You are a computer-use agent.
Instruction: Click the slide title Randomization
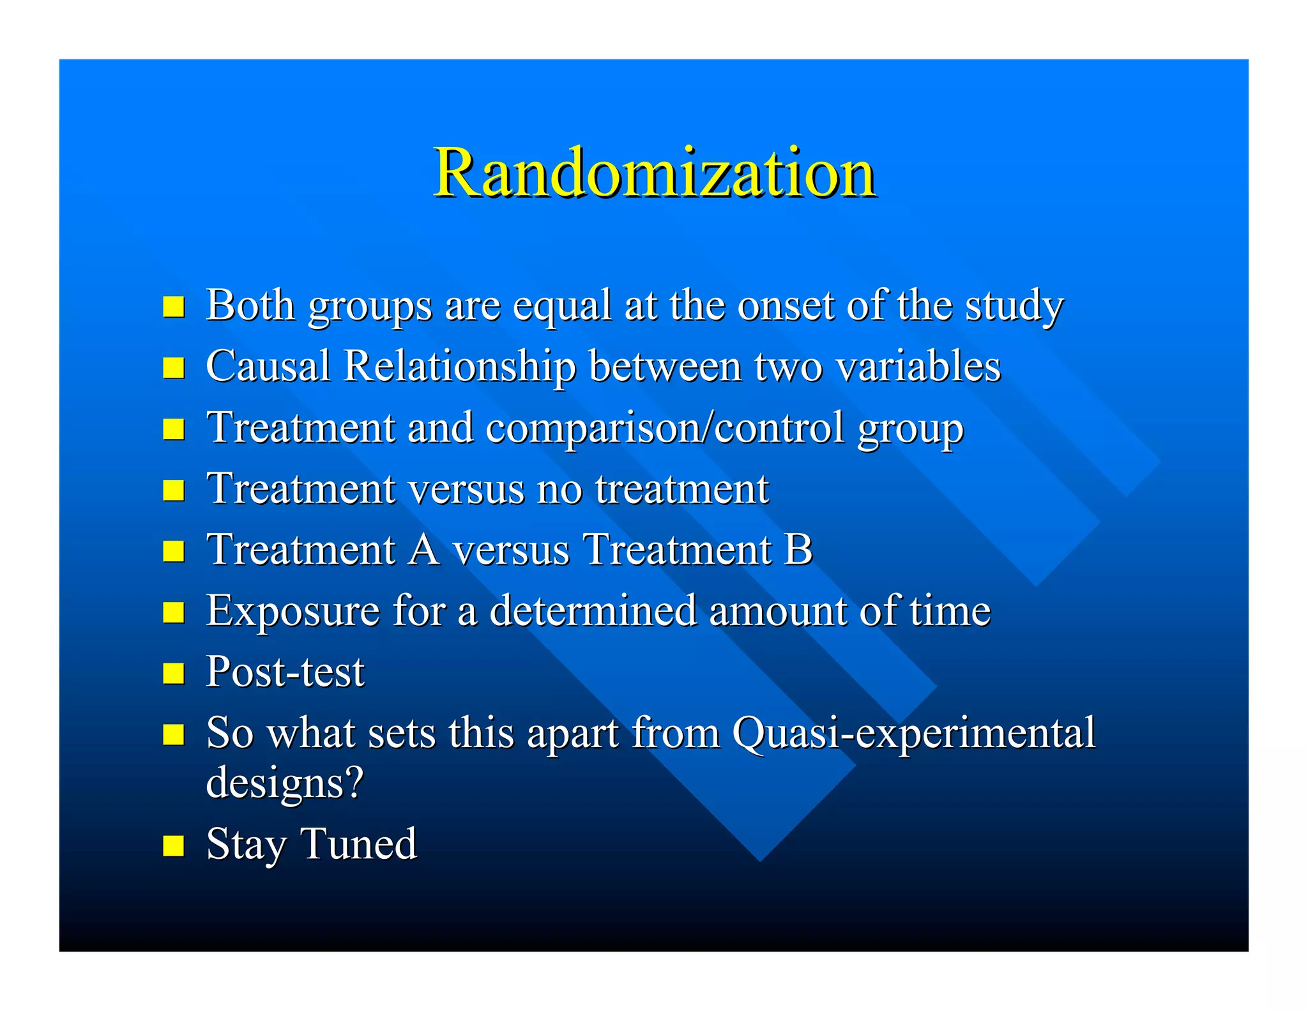(x=654, y=173)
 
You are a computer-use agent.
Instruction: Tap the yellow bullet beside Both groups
(x=174, y=307)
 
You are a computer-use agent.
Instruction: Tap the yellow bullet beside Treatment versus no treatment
(x=174, y=490)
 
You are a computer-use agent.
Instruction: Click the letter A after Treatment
(x=423, y=550)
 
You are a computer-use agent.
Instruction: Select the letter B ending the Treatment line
(x=798, y=550)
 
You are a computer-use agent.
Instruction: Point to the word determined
(x=593, y=611)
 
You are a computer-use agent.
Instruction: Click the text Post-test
(x=285, y=672)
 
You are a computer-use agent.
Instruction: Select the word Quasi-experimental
(x=913, y=734)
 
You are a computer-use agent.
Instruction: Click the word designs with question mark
(x=285, y=782)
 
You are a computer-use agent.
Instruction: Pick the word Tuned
(x=358, y=844)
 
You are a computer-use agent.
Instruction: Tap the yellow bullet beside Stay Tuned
(x=174, y=845)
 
